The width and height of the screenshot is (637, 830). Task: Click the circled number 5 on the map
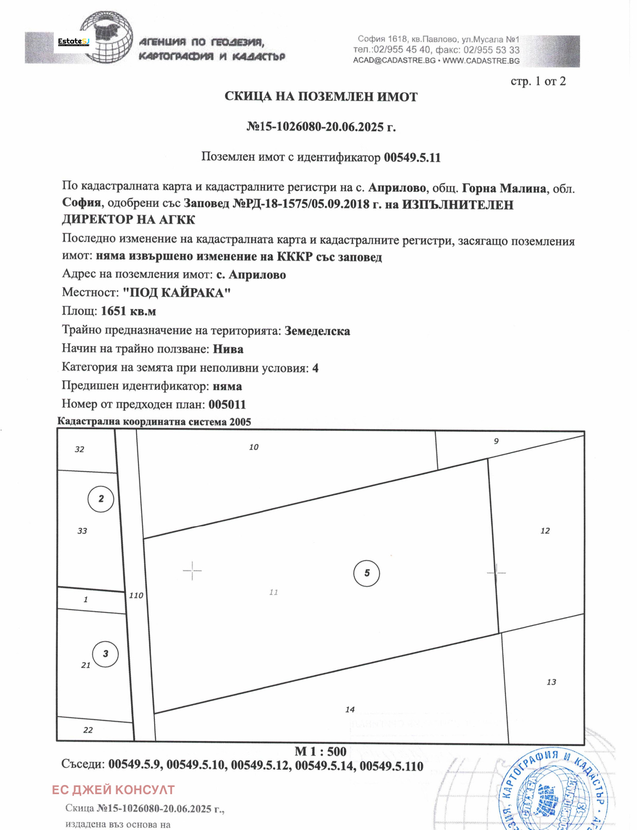(366, 573)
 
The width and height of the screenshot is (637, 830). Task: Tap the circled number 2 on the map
(101, 498)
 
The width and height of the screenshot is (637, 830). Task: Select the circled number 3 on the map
(105, 654)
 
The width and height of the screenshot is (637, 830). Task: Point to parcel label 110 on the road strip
(136, 595)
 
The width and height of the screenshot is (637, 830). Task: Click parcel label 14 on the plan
(350, 710)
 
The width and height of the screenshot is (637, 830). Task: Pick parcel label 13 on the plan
(551, 682)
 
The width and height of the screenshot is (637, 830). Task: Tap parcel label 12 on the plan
(545, 531)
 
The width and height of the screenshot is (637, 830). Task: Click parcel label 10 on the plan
(254, 447)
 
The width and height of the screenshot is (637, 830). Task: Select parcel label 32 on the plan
(79, 449)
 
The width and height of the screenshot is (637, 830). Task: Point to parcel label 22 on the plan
(88, 730)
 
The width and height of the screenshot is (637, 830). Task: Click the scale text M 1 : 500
(320, 751)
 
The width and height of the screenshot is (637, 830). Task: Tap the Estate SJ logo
(74, 41)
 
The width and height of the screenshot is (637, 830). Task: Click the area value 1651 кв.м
(128, 311)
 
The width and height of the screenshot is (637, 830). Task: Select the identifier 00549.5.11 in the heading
(412, 157)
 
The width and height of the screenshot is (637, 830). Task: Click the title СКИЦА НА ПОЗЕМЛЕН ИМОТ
(321, 96)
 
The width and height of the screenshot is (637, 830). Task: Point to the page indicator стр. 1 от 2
(538, 81)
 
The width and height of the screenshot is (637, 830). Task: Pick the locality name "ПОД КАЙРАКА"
(176, 292)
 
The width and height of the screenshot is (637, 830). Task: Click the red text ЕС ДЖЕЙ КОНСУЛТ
(113, 789)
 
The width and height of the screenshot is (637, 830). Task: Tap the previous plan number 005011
(227, 404)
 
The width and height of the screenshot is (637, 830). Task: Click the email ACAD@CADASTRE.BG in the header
(394, 61)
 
